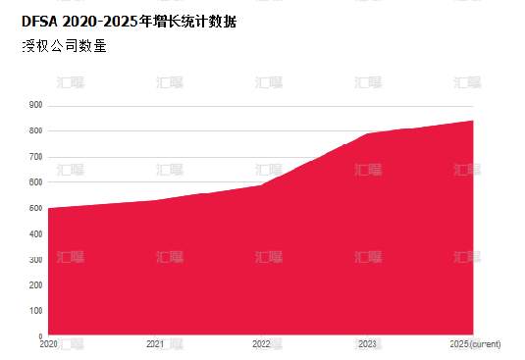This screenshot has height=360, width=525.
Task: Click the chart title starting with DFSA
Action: (x=129, y=21)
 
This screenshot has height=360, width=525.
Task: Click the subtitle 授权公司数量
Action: (x=64, y=45)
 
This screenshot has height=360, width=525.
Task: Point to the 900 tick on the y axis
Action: (x=36, y=105)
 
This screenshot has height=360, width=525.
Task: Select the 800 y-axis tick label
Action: (x=36, y=130)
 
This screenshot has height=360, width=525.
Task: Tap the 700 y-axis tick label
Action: (x=36, y=157)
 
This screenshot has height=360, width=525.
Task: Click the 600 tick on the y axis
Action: (x=36, y=182)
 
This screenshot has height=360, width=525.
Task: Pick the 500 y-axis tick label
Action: (x=36, y=208)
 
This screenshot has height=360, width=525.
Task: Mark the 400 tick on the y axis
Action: (x=36, y=233)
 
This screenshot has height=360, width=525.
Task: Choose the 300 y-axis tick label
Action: (x=36, y=259)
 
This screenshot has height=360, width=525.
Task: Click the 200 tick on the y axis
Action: (x=36, y=284)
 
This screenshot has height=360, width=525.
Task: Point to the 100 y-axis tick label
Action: (x=36, y=310)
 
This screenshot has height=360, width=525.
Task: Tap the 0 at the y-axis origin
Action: (x=40, y=335)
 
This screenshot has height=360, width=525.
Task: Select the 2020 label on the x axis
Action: (x=48, y=344)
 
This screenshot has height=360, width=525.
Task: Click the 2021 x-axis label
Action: (x=155, y=344)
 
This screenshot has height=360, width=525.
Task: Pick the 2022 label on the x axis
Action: (x=261, y=344)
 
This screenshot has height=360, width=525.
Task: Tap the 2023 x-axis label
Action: (x=368, y=344)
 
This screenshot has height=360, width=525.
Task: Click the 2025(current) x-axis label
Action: (x=475, y=344)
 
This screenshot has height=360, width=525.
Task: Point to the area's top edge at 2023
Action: (x=368, y=133)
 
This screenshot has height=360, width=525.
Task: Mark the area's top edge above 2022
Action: (x=261, y=184)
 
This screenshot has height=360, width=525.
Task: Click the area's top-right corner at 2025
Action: (x=474, y=121)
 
